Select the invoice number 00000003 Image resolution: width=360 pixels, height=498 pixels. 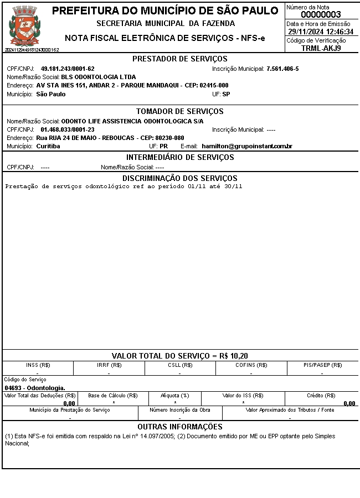click(321, 15)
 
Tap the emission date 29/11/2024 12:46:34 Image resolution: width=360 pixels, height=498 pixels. click(321, 32)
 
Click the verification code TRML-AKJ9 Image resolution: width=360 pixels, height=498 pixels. click(321, 48)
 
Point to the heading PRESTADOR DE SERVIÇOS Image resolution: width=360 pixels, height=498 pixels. click(180, 59)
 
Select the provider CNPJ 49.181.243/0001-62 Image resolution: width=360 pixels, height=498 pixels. click(68, 69)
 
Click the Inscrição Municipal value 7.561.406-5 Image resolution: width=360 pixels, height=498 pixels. click(282, 69)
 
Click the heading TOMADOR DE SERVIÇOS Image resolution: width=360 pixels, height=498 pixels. click(180, 112)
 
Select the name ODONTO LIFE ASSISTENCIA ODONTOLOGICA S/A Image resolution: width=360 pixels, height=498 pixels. click(132, 121)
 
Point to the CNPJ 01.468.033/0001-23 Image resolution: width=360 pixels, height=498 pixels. click(68, 129)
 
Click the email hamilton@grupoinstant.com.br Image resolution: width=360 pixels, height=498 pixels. click(247, 146)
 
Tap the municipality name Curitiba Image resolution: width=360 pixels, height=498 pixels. click(48, 146)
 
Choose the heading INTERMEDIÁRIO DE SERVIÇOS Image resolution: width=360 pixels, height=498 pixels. click(180, 157)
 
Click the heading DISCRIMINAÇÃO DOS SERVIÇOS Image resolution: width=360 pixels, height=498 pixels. click(180, 178)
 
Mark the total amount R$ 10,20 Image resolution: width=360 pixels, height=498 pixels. click(231, 356)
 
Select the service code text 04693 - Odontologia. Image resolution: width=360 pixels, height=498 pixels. click(35, 388)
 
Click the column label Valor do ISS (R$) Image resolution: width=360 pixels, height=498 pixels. click(243, 396)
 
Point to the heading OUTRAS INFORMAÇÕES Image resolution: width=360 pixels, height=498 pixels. click(180, 427)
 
